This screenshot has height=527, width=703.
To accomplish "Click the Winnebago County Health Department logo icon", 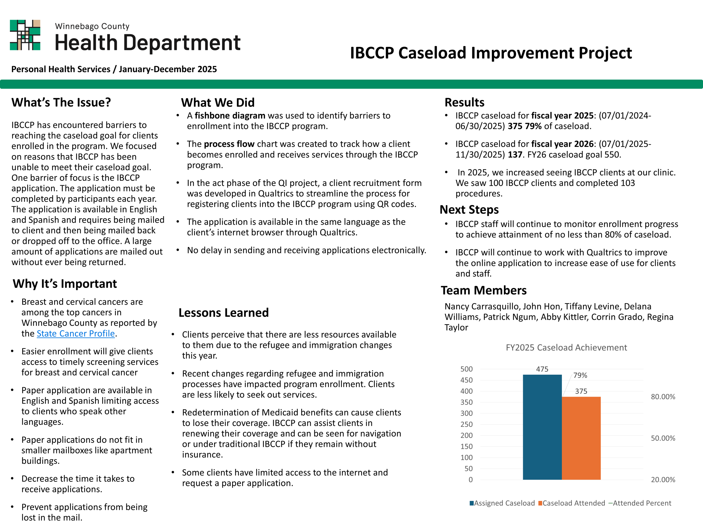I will [x=25, y=35].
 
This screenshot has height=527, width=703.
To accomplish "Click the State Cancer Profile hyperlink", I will [x=76, y=333].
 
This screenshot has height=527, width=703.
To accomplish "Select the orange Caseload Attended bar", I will [x=581, y=438].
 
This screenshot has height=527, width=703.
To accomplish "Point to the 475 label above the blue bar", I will [x=542, y=369].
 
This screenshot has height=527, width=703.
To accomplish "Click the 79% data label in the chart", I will [x=580, y=375].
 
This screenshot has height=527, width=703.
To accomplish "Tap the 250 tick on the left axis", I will [x=466, y=424].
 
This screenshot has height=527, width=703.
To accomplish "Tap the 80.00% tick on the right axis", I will [x=663, y=397].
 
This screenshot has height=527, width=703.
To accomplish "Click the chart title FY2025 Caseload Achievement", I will [x=566, y=347].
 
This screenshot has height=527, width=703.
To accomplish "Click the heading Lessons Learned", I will [x=224, y=313].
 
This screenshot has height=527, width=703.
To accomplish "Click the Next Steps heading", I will [x=469, y=210].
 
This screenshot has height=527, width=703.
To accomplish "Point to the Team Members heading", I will [x=483, y=290].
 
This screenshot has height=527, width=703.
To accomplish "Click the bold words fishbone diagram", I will [x=230, y=116].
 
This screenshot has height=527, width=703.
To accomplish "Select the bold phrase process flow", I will [x=229, y=144].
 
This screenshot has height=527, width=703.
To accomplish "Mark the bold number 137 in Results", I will [x=515, y=155].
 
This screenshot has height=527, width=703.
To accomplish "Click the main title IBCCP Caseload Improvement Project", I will [x=491, y=53].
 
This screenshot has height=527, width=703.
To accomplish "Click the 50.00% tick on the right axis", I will [x=663, y=438].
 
